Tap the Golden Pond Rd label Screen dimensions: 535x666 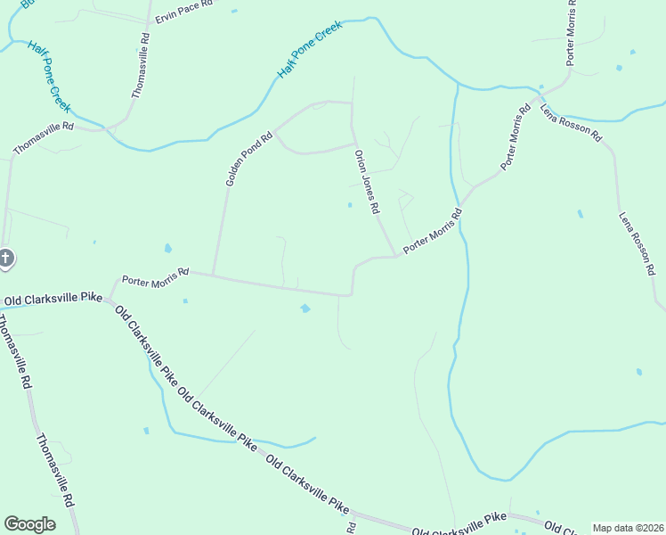(248, 160)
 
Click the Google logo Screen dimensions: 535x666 (29, 524)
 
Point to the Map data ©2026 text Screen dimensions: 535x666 (628, 528)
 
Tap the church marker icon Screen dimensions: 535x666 (5, 259)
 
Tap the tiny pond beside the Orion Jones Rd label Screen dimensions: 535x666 (349, 205)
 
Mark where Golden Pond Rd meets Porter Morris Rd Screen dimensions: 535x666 (213, 275)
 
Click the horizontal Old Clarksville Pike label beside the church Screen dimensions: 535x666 (53, 300)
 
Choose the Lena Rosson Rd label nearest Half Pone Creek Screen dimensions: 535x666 (572, 124)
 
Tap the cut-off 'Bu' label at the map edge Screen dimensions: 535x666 (27, 4)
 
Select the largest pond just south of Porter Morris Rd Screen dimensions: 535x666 (305, 309)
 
